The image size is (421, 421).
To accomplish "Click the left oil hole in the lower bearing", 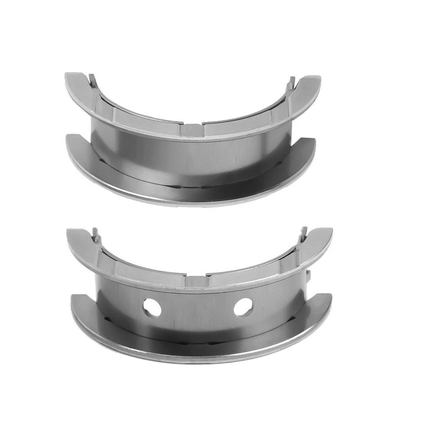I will pyautogui.click(x=152, y=307).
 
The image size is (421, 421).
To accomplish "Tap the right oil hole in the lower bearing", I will pyautogui.click(x=243, y=307).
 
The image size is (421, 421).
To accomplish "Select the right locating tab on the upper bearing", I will pyautogui.click(x=291, y=82).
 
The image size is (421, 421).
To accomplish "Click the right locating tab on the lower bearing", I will pyautogui.click(x=303, y=233).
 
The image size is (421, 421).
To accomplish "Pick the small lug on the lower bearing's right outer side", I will pyautogui.click(x=309, y=275).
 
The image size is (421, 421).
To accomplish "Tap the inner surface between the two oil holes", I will pyautogui.click(x=197, y=307).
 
